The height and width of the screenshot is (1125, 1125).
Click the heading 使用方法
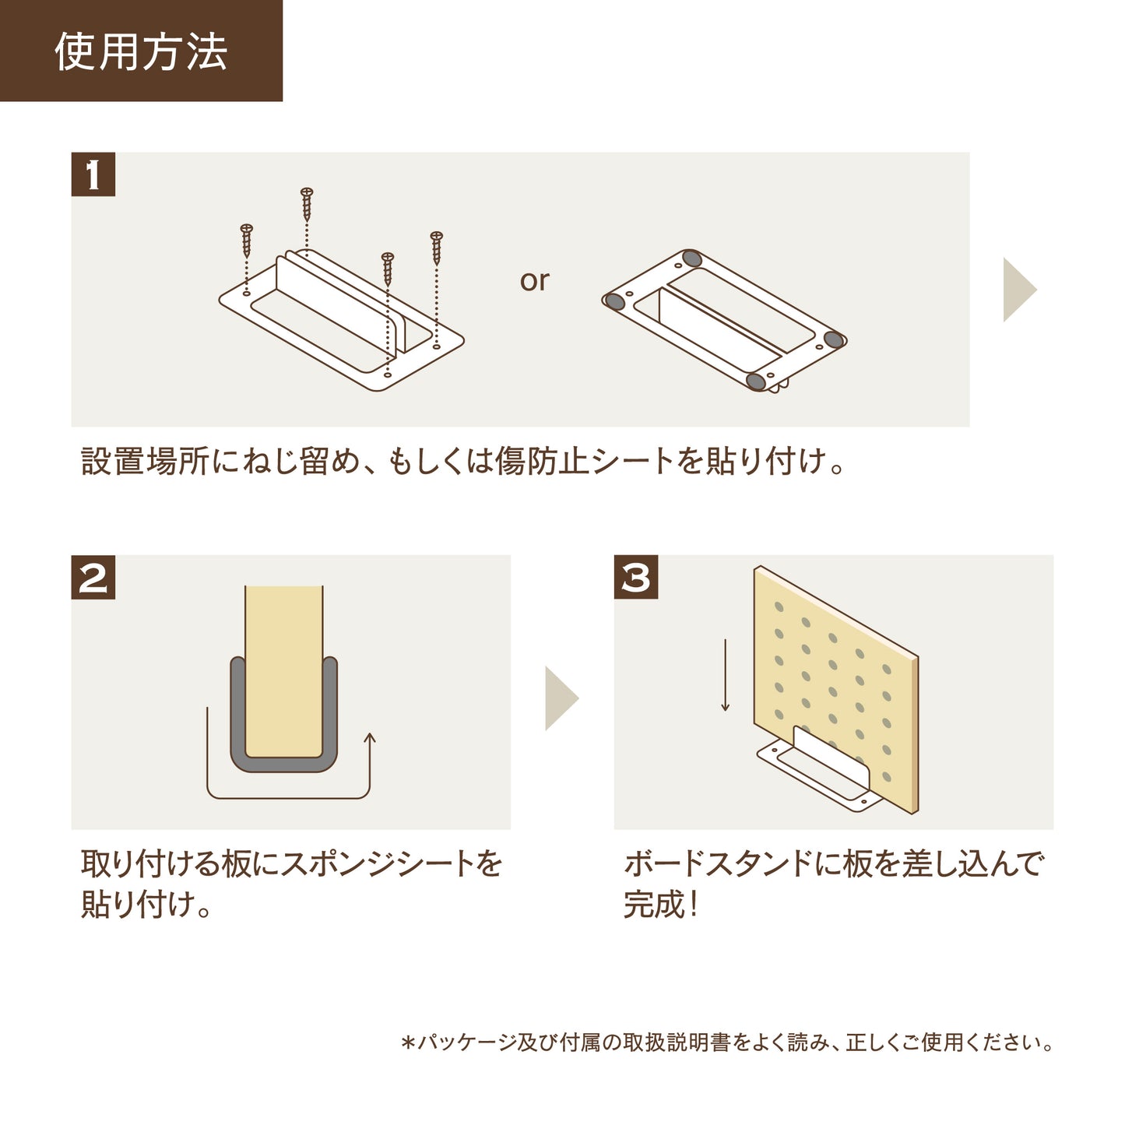point(141,52)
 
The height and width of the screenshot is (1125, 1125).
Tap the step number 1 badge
point(93,174)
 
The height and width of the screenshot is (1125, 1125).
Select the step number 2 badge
point(93,578)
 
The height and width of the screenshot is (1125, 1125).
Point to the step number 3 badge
point(636,578)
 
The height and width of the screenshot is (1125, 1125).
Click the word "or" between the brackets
point(535,281)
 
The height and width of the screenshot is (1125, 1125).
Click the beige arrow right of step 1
point(1018,290)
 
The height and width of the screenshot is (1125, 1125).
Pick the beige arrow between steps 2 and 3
point(561,698)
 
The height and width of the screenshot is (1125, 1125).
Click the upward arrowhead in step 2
point(370,738)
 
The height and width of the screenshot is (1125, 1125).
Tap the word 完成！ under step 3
point(661,905)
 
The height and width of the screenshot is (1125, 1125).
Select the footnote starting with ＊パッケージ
point(727,1042)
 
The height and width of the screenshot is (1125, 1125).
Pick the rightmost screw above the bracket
point(436,248)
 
